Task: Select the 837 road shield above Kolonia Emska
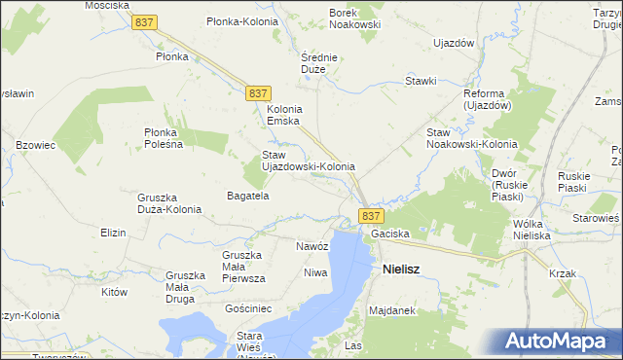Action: click(258, 91)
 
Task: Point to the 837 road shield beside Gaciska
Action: click(371, 215)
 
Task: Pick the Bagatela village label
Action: click(247, 196)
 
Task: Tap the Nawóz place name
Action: click(312, 246)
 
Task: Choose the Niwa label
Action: click(314, 272)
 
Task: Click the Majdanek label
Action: click(392, 311)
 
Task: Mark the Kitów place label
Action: click(115, 291)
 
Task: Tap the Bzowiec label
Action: click(36, 145)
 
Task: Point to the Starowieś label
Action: click(596, 220)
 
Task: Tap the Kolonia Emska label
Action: click(285, 115)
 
